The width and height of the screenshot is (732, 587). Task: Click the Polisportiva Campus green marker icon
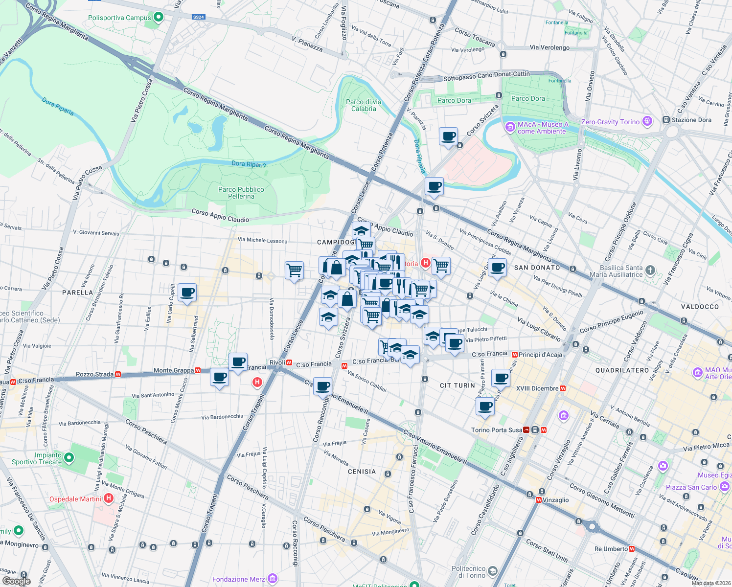158,18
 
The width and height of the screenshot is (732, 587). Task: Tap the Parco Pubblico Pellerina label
241,193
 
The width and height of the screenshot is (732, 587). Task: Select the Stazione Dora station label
690,120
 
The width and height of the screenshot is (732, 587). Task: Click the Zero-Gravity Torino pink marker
648,121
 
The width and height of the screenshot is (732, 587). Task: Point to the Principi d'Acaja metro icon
514,355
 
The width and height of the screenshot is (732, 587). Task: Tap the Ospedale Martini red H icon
109,499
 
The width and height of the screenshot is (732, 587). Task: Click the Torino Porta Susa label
496,430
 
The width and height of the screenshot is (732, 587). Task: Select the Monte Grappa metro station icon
198,371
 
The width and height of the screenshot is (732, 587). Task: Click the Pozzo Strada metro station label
94,374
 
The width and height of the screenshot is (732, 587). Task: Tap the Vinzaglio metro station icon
539,500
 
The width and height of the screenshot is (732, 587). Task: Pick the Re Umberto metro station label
611,549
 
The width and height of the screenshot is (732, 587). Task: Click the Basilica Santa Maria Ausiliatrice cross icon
650,270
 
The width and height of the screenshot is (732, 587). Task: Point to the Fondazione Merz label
238,579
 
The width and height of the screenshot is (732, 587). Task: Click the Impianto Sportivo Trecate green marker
69,458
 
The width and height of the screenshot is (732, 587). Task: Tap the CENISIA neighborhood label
362,472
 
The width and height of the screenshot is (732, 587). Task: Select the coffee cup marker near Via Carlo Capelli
187,293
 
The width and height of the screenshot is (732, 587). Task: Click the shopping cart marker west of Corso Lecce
294,270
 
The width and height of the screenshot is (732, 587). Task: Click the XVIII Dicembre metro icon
563,388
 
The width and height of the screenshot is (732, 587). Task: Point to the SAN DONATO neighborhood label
537,268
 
